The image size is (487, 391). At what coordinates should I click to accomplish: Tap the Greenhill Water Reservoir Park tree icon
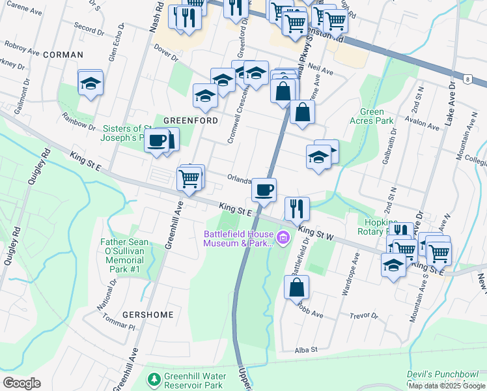pos(154,379)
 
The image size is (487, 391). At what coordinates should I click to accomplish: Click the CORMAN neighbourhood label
pos(63,55)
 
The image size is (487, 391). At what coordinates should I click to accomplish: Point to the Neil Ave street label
pos(321,69)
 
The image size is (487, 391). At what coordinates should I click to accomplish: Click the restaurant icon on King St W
pos(296,209)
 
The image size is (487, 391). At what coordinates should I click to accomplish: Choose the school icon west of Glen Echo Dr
pos(90,83)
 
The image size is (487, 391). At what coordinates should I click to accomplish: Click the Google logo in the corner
pos(21,383)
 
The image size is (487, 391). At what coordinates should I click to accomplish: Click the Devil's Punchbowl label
pos(447,375)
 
